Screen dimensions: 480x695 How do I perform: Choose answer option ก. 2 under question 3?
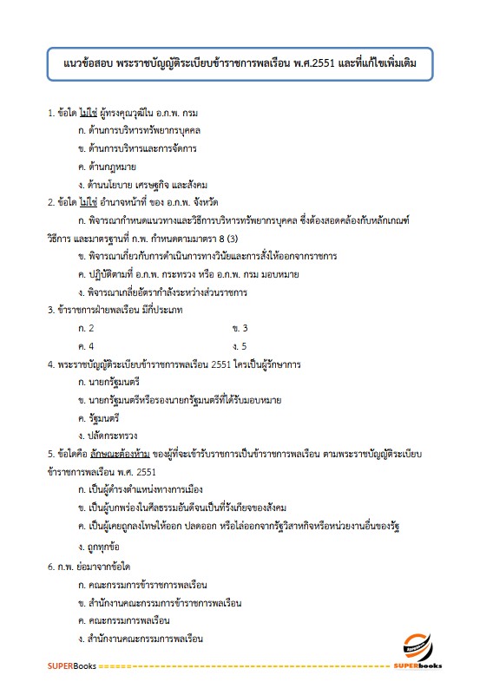point(86,328)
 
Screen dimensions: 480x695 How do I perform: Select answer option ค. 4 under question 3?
point(86,346)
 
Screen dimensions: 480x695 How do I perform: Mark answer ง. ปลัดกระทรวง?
point(108,435)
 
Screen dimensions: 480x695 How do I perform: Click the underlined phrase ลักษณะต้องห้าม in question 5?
point(115,454)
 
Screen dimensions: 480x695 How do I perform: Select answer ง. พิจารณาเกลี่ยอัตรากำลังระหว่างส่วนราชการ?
point(174,292)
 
